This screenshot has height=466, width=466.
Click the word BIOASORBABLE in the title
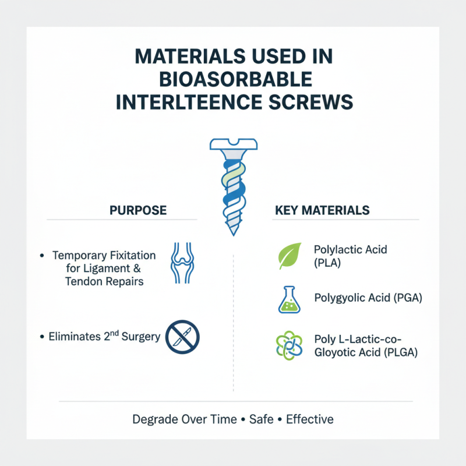pos(233,79)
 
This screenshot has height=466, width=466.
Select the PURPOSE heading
pos(138,210)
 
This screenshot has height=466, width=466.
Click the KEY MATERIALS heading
pos(322,210)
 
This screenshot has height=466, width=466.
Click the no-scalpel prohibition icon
pos(182,336)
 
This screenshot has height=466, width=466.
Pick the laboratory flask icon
pos(290,300)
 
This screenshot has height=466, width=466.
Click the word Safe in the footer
pos(261,419)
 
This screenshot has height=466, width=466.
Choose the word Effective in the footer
pos(309,419)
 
